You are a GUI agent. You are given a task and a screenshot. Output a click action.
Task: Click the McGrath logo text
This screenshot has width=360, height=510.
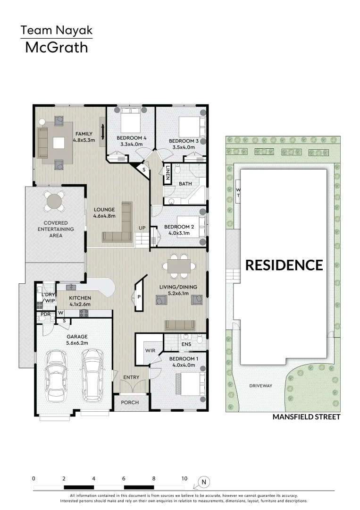[56, 47]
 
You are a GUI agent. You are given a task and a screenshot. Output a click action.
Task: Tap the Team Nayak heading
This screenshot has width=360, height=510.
[56, 31]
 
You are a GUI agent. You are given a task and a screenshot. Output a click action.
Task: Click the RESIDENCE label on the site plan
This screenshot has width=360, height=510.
[284, 265]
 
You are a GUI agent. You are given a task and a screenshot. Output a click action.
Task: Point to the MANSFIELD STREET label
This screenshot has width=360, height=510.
[306, 417]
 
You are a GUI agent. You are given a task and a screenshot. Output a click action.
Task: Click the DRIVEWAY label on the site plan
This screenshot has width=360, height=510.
[261, 386]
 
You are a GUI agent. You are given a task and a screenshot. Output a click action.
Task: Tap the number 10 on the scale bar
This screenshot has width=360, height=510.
[184, 478]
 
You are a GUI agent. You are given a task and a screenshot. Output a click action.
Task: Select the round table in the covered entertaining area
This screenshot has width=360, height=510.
[56, 202]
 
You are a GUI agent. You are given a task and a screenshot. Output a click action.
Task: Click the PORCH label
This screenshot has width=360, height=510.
[130, 402]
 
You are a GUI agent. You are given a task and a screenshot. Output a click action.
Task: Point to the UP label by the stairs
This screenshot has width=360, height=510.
[142, 228]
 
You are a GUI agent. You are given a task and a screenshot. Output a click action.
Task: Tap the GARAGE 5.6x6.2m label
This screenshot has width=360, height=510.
[76, 340]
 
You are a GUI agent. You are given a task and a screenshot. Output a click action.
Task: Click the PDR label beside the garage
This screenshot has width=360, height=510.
[46, 314]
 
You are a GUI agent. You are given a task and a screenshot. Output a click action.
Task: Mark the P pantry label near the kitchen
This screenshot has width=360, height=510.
[139, 297]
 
